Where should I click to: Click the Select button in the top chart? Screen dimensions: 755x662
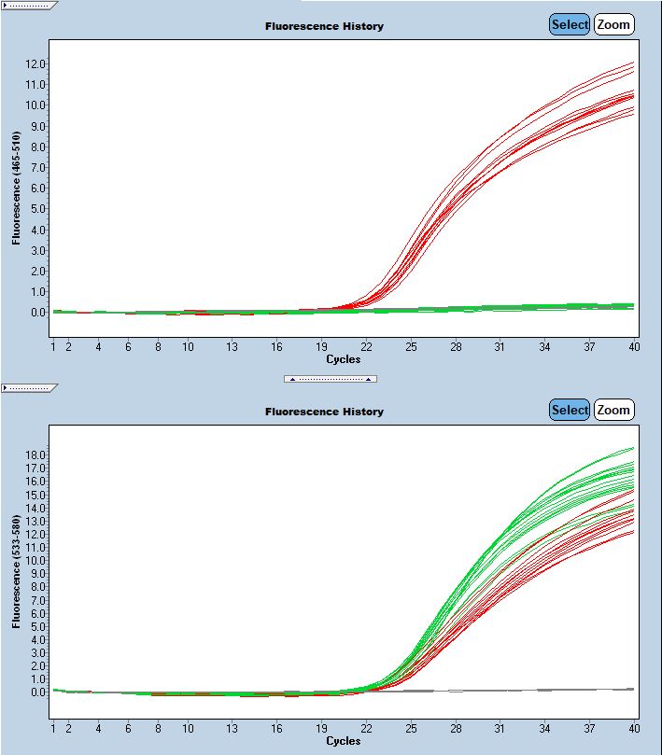[x=569, y=25]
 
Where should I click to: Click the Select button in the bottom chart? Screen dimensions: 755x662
[x=569, y=410]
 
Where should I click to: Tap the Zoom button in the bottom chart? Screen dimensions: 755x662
[x=613, y=410]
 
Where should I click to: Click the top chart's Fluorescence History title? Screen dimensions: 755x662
[x=324, y=26]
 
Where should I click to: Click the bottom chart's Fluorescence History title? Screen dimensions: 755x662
[x=324, y=412]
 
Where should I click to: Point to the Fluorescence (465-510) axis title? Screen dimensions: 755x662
[x=16, y=189]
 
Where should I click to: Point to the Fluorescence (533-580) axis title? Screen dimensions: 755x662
[x=16, y=574]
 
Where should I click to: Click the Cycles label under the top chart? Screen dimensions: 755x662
[x=343, y=359]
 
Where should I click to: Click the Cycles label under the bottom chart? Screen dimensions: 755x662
[x=343, y=741]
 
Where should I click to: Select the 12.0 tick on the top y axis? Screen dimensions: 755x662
[x=35, y=63]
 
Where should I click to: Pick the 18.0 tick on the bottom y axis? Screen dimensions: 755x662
[x=35, y=454]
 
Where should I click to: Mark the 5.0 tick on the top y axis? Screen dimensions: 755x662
[x=35, y=209]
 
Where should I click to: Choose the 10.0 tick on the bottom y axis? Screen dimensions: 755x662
[x=35, y=560]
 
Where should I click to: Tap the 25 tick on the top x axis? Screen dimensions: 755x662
[x=411, y=347]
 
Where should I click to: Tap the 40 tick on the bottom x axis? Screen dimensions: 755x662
[x=634, y=728]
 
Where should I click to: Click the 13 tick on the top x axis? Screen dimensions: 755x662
[x=232, y=347]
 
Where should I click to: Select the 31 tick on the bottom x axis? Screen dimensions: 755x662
[x=500, y=728]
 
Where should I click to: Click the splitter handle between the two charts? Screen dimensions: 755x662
[x=331, y=379]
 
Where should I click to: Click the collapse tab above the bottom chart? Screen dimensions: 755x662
[x=30, y=386]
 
